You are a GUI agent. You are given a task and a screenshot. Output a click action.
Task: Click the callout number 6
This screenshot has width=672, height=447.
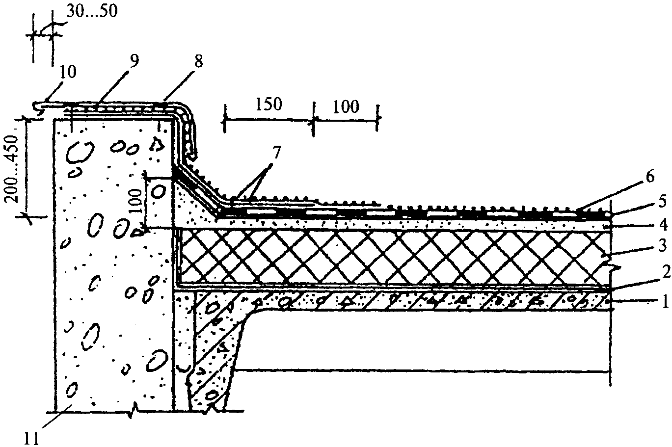tap(650, 177)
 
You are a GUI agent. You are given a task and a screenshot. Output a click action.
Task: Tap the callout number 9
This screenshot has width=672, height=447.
tap(134, 61)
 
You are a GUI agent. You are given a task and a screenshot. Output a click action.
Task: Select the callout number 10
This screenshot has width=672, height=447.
tap(68, 72)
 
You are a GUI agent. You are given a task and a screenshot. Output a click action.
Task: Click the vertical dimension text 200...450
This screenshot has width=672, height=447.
tap(13, 168)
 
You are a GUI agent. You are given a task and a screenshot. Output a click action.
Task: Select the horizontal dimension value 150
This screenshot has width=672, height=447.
tap(269, 105)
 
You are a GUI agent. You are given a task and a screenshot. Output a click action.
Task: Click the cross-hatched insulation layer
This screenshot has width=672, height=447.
tap(393, 258)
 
